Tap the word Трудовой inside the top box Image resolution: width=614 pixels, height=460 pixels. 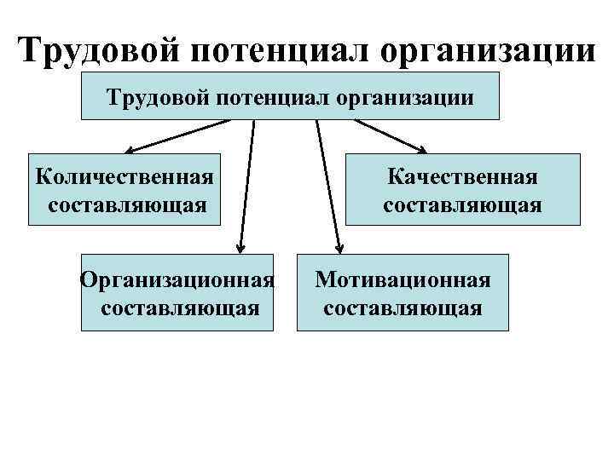click(157, 97)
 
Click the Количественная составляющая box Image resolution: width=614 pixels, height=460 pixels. click(125, 189)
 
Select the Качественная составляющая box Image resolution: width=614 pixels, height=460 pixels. click(461, 189)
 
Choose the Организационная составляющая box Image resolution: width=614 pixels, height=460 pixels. click(177, 292)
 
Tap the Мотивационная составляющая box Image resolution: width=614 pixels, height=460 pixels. click(403, 292)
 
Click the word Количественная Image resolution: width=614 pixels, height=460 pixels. click(125, 176)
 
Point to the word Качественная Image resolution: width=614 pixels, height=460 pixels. click(462, 176)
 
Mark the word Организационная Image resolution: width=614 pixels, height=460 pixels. click(177, 279)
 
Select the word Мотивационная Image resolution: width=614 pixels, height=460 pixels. click(403, 279)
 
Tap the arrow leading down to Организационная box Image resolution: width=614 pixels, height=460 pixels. click(247, 187)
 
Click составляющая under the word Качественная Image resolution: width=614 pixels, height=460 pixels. click(462, 204)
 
